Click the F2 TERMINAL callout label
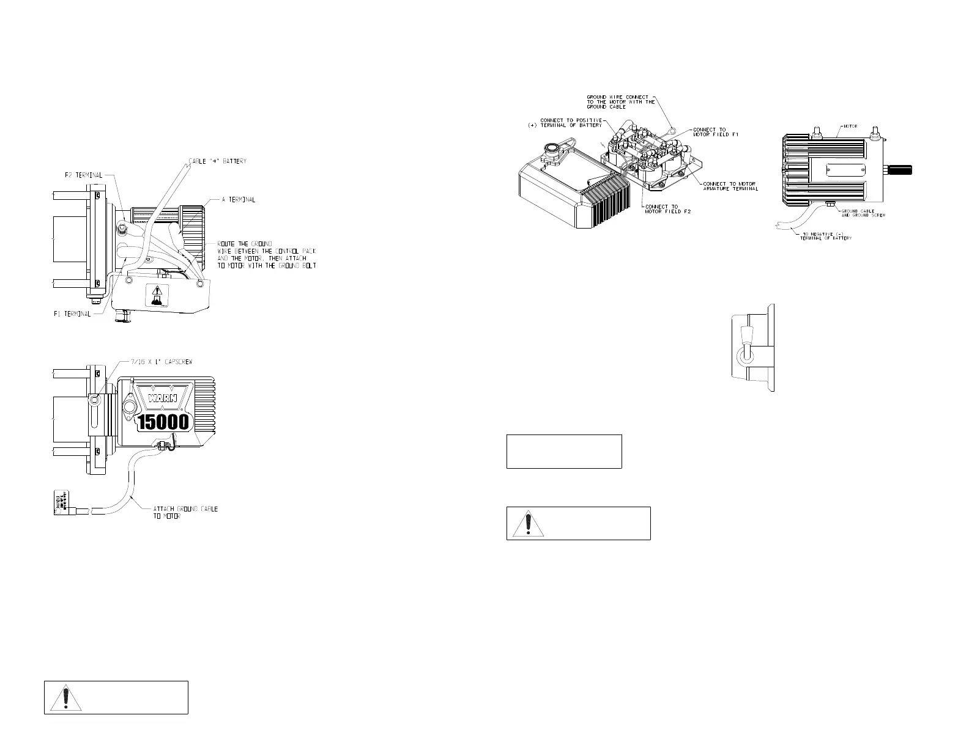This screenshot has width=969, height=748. pos(83,175)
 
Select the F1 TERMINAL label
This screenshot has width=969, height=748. pos(71,314)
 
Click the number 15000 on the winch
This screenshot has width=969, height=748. pos(166,422)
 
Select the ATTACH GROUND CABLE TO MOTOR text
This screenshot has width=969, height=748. pos(185,513)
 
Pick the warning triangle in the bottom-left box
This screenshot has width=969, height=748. pos(66,698)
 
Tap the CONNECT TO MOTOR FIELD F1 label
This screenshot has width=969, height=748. pos(716,132)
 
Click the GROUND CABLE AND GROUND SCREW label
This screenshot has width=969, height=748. pos(863,213)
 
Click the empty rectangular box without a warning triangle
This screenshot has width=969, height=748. pos(564,452)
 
